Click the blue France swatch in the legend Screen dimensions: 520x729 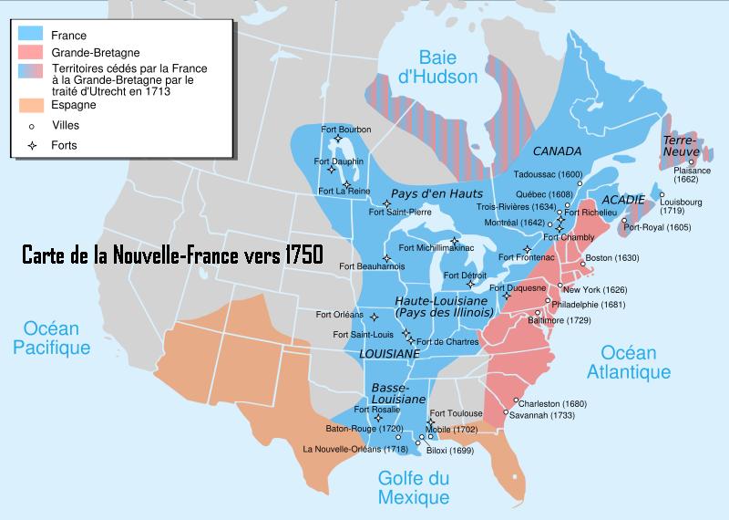point(32,35)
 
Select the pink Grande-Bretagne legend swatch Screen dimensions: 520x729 point(32,53)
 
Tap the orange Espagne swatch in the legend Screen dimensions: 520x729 point(32,105)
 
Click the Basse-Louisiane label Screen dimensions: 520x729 point(398,394)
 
